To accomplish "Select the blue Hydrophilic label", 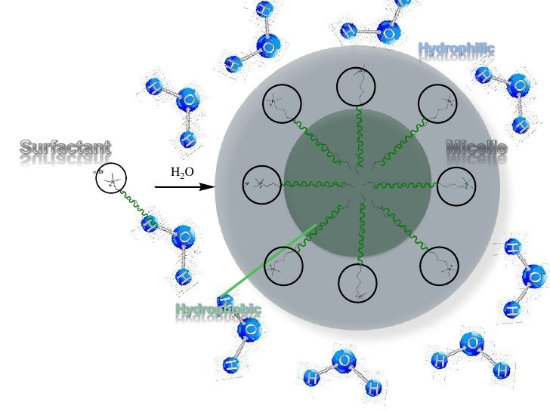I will [456, 50].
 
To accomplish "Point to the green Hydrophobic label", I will [218, 309].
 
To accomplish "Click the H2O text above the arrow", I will [182, 172].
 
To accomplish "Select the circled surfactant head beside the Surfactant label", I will [111, 180].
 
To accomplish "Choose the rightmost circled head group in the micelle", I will [456, 185].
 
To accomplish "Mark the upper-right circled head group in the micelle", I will [437, 103].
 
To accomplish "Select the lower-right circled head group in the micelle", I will [437, 265].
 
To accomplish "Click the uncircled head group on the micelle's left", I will [257, 183].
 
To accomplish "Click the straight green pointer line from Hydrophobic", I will [264, 260].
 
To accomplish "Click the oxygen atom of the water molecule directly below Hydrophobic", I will [250, 330].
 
